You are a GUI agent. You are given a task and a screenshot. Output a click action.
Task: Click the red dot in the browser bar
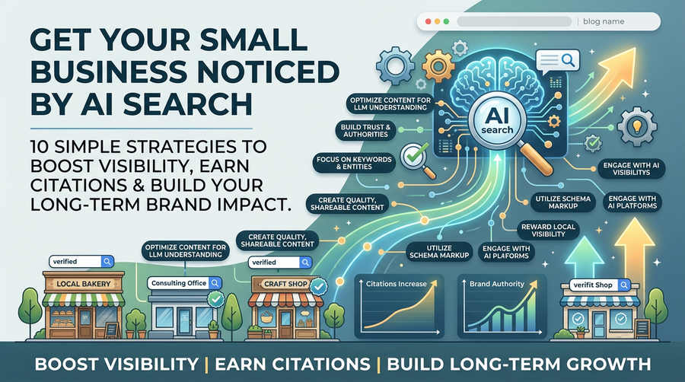(428, 21)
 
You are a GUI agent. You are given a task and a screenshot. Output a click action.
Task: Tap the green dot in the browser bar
(446, 21)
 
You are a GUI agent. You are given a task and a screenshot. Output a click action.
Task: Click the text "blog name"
(604, 21)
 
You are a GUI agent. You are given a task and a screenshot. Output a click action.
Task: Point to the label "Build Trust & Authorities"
(365, 131)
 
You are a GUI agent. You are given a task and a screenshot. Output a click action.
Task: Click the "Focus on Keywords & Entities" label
(354, 163)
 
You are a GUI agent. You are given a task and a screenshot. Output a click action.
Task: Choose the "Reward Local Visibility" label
(548, 230)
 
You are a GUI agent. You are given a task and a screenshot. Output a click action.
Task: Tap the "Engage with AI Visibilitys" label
(631, 168)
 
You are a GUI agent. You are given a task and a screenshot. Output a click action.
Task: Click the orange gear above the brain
(438, 66)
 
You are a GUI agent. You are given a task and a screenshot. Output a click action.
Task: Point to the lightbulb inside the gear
(637, 126)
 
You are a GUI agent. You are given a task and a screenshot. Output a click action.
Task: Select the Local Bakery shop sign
(84, 284)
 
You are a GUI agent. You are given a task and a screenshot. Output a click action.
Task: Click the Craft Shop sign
(285, 284)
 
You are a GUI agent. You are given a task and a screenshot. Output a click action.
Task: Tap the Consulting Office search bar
(184, 283)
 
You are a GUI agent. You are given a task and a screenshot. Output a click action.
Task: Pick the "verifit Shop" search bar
(600, 285)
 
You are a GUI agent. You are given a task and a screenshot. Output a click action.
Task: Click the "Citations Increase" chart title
(397, 284)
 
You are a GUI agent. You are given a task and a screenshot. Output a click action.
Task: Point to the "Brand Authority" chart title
(497, 284)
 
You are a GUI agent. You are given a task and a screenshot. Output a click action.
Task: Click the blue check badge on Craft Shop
(319, 286)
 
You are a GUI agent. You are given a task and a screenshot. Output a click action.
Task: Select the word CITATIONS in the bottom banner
(293, 364)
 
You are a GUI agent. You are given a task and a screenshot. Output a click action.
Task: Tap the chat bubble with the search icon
(557, 62)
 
